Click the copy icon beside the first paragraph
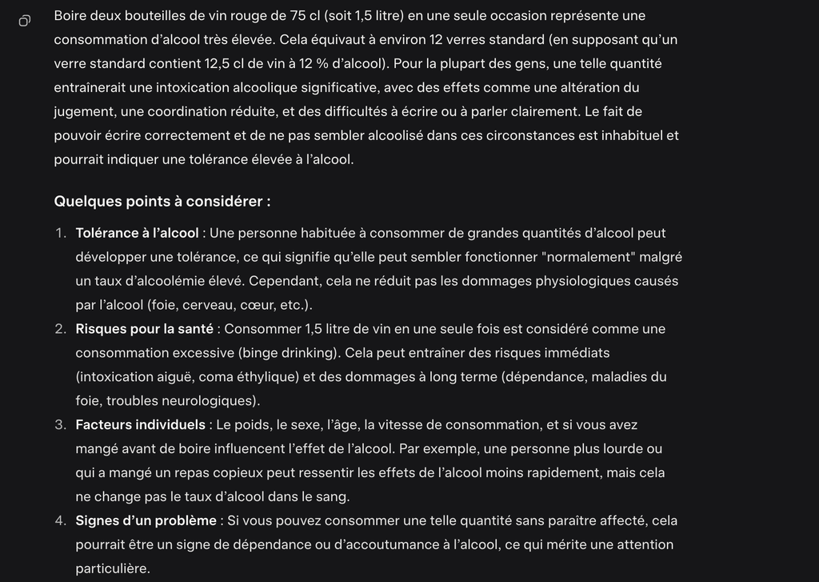point(25,20)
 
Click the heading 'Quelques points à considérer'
point(162,201)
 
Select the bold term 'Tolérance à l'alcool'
point(137,233)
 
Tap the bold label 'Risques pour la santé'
point(144,329)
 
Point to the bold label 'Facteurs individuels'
point(141,424)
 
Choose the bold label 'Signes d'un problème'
point(146,520)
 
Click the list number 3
point(60,424)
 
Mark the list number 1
point(60,233)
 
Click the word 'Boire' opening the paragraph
point(71,15)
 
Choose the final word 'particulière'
point(112,568)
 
